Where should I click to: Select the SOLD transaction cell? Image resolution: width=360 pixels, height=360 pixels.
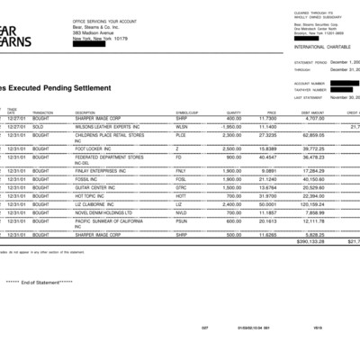[x=42, y=126]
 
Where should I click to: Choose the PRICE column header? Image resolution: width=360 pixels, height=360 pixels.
[x=271, y=112]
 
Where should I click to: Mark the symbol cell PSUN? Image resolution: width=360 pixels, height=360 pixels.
[x=183, y=220]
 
